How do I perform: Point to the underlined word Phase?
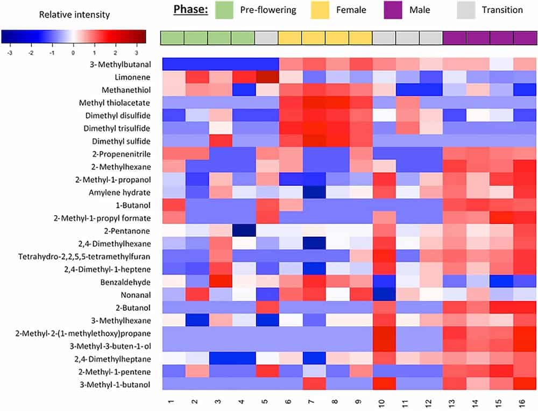pos(190,10)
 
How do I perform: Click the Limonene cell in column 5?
pos(267,77)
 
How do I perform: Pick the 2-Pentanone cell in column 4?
pos(243,230)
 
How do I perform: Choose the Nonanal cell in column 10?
pos(385,294)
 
